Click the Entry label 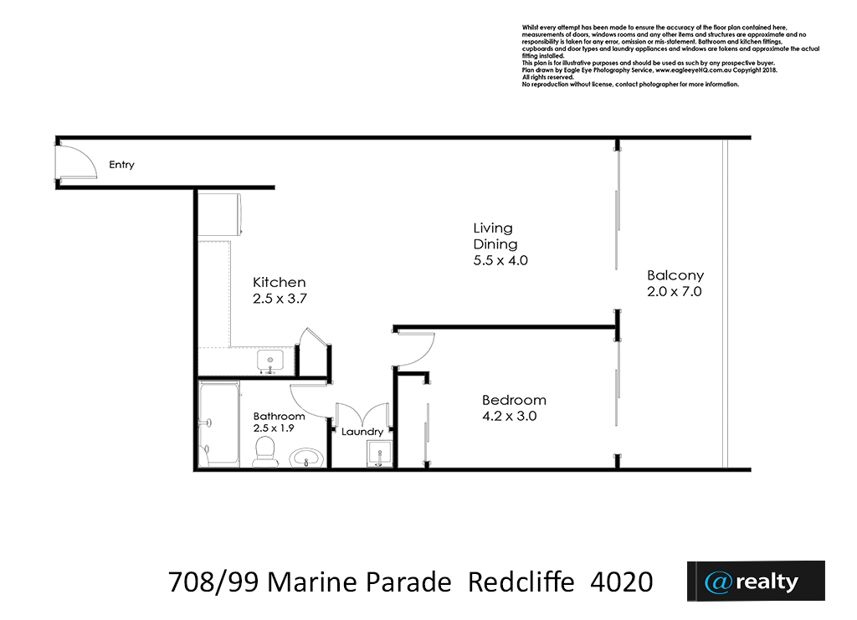coord(121,165)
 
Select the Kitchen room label coord(280,283)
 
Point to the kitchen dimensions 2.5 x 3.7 coord(280,299)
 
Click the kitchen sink coord(270,361)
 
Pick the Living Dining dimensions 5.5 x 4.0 coord(500,260)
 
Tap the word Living coord(493,228)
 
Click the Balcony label coord(675,276)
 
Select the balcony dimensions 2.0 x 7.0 coord(675,292)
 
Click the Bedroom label coord(515,401)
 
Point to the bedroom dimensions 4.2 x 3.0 coord(510,416)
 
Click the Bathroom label coord(279,416)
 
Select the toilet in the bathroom coord(265,452)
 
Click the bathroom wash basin coord(306,458)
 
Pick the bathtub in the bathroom coord(218,424)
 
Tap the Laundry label coord(362,432)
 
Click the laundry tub coord(379,454)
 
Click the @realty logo coord(756,582)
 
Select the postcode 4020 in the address coord(622,582)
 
